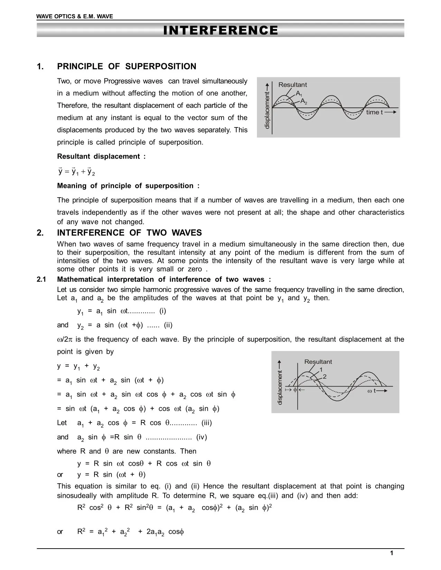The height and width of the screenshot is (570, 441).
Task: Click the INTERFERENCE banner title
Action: [x=220, y=30]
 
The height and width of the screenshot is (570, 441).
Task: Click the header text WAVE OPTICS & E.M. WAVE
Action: [x=75, y=16]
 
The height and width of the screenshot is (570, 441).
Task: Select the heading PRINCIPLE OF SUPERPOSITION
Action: [x=127, y=66]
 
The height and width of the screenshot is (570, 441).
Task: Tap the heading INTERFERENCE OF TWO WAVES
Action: [x=129, y=232]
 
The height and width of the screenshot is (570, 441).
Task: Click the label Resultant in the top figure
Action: [x=292, y=85]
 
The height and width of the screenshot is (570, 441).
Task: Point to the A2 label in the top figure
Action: [x=304, y=101]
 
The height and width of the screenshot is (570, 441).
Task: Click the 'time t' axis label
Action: [x=374, y=112]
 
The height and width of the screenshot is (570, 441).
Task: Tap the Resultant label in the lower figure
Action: [x=318, y=362]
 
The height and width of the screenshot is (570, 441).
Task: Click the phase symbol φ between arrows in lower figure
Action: [x=295, y=390]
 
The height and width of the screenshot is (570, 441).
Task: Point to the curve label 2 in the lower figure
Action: [x=324, y=377]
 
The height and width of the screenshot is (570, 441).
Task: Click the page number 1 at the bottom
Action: [x=392, y=553]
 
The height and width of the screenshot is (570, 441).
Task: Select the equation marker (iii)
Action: [x=206, y=423]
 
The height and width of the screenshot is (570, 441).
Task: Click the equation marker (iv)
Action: [x=201, y=437]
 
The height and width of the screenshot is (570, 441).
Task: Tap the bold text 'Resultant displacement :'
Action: [x=101, y=156]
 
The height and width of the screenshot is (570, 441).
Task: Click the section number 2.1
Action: [x=42, y=279]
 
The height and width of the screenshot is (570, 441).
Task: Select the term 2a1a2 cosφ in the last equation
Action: [x=165, y=532]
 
